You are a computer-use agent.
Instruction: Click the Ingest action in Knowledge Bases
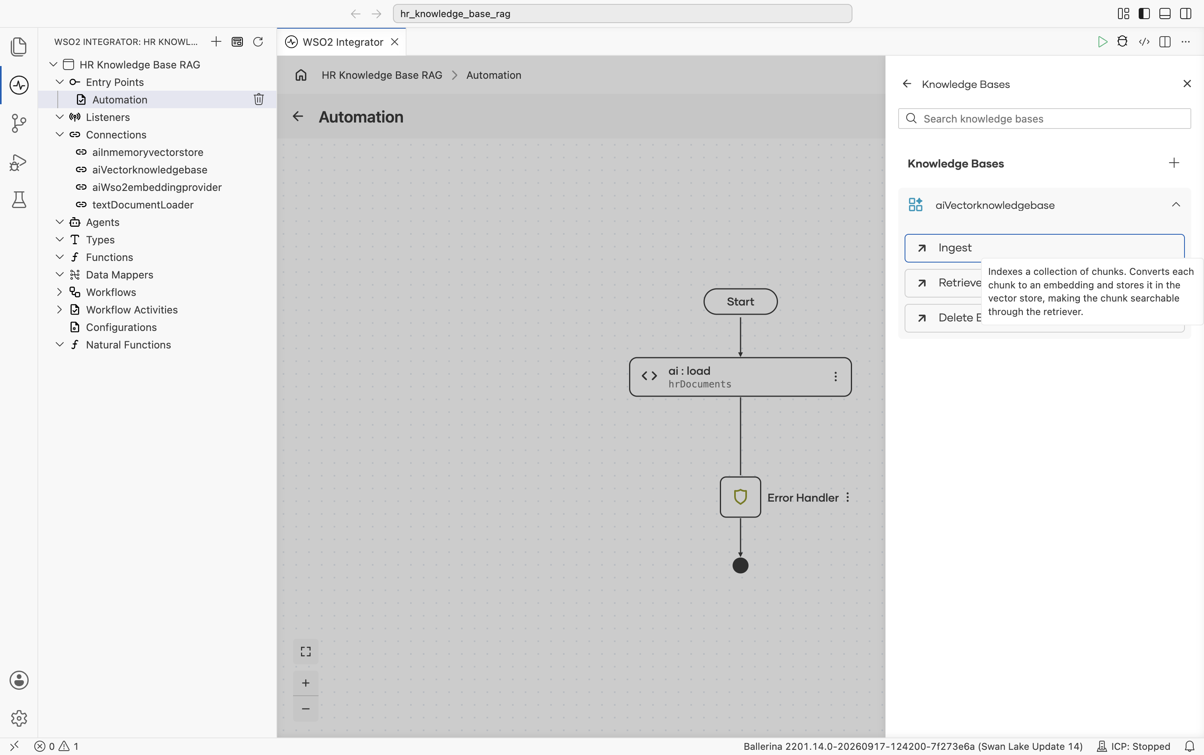click(1044, 248)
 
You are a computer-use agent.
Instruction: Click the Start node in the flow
click(740, 302)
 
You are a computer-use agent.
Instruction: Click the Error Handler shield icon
click(740, 497)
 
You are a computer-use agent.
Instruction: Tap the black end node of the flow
click(740, 566)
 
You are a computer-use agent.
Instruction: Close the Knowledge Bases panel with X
click(1187, 84)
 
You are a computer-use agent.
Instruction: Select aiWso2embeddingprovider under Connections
click(156, 187)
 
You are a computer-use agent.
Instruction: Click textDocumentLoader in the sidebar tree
click(143, 205)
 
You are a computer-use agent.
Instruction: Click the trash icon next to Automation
click(258, 99)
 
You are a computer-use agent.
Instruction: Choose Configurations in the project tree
click(121, 327)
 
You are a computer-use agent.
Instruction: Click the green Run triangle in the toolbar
click(1102, 42)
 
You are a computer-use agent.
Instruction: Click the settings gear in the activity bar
click(19, 718)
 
